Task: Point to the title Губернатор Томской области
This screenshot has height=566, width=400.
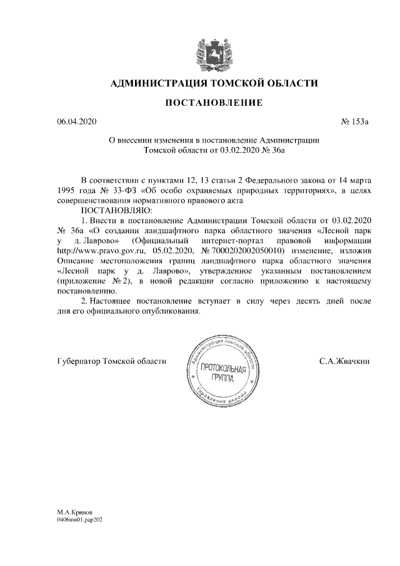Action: [x=111, y=361]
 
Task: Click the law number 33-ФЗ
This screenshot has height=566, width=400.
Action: [x=124, y=190]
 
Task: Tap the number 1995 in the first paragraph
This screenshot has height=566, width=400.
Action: [x=67, y=190]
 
